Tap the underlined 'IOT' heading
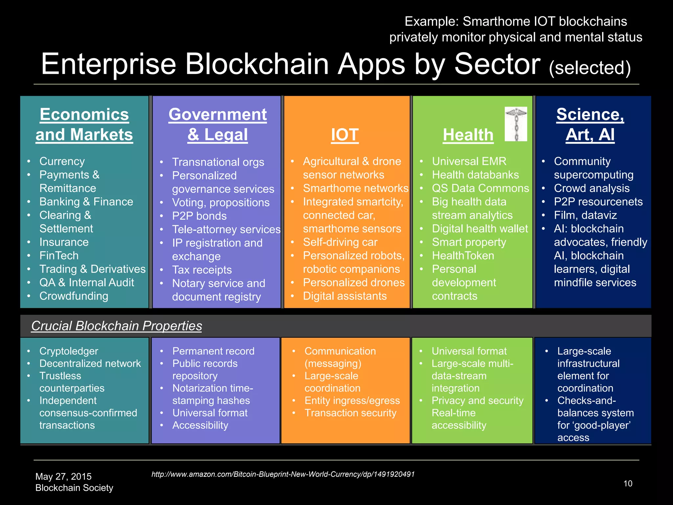(x=345, y=135)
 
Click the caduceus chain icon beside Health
(x=516, y=124)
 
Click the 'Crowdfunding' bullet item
(x=74, y=296)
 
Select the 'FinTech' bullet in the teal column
(x=59, y=255)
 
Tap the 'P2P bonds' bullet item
(x=199, y=216)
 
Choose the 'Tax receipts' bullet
(x=202, y=270)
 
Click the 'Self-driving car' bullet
(x=340, y=242)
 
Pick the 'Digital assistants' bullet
(x=345, y=296)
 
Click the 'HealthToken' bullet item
(x=463, y=255)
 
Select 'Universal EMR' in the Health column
(x=469, y=161)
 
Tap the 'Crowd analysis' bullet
(x=592, y=188)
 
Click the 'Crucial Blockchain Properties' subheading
(x=116, y=326)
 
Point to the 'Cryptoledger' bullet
(x=69, y=351)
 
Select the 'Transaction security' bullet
(x=350, y=413)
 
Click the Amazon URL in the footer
(x=283, y=474)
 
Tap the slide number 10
(x=628, y=484)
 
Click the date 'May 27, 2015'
(x=63, y=476)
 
